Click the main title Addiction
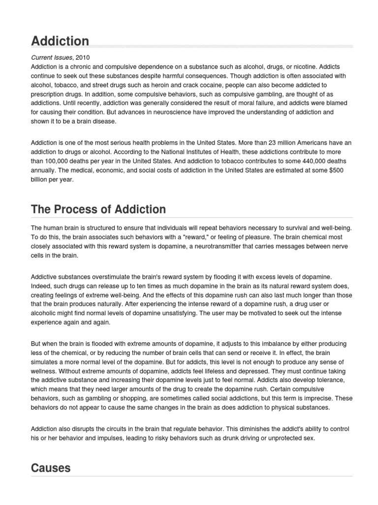(x=60, y=41)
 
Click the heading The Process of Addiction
(x=98, y=209)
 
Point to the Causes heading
(x=51, y=468)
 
